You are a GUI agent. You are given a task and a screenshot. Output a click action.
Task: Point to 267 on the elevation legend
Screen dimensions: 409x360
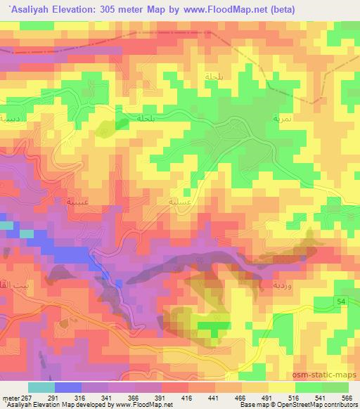click(x=27, y=397)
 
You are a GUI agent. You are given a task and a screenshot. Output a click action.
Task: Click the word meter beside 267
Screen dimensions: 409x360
click(x=10, y=397)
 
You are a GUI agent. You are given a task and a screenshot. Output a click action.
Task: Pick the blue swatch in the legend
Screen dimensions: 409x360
click(x=67, y=387)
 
